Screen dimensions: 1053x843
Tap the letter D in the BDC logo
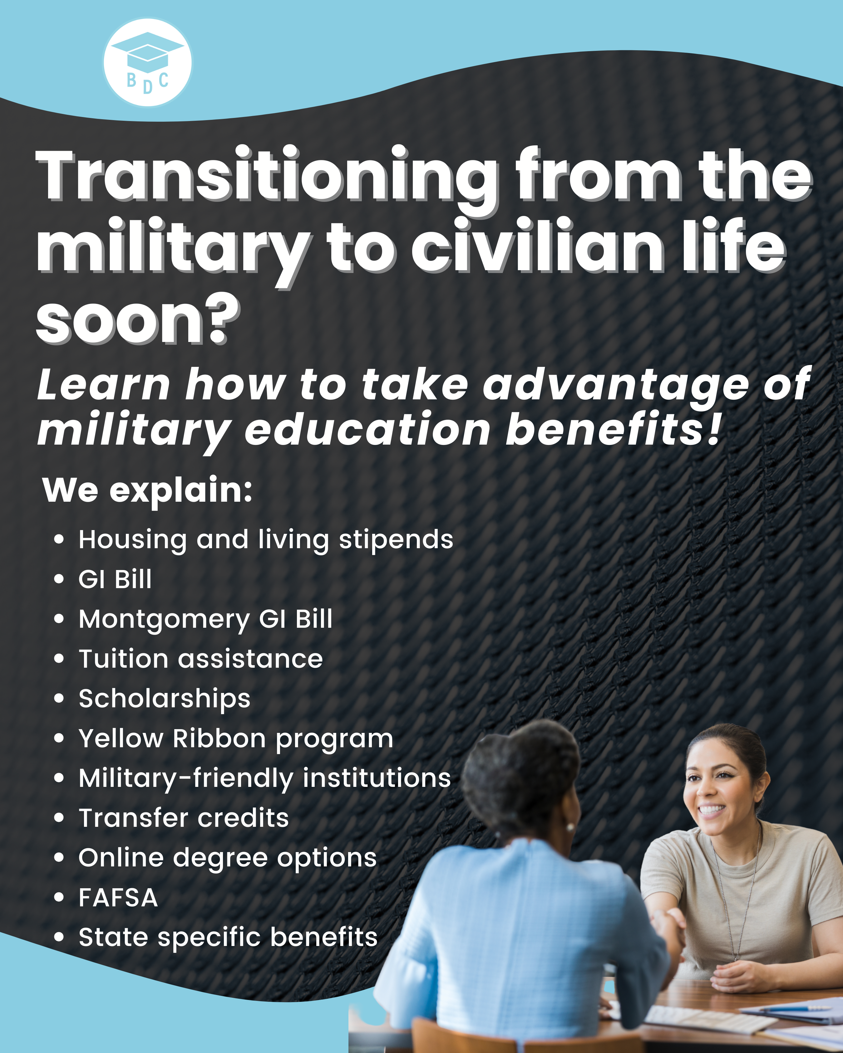click(x=148, y=87)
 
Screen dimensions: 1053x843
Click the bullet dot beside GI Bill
click(x=59, y=580)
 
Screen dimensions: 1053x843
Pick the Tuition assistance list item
click(x=201, y=659)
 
